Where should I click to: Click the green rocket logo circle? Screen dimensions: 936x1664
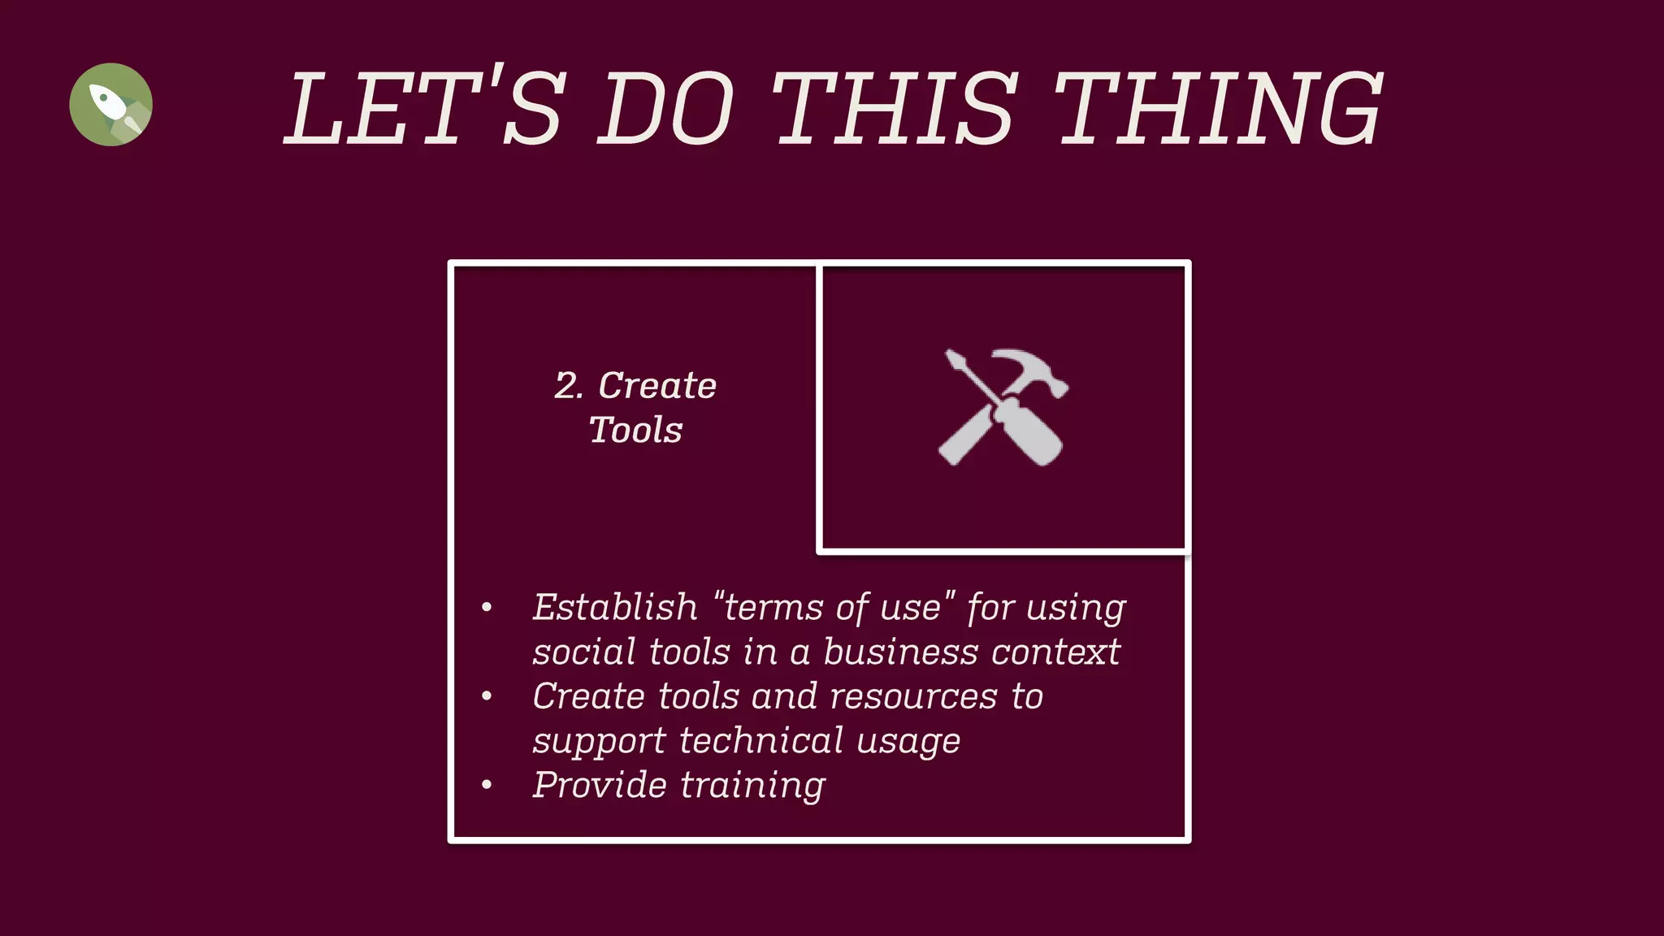110,104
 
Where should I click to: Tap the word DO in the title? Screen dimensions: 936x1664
666,108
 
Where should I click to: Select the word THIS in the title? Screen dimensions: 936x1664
894,108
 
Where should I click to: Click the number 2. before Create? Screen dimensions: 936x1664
569,386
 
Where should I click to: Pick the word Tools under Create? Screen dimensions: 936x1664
635,430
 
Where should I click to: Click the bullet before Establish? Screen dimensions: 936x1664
487,608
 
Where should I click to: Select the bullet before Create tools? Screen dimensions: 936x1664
487,696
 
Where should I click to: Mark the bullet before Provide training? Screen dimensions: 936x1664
487,785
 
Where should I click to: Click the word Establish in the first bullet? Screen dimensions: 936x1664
615,607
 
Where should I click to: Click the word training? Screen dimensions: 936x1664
752,786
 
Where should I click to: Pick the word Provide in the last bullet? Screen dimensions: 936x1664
600,785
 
